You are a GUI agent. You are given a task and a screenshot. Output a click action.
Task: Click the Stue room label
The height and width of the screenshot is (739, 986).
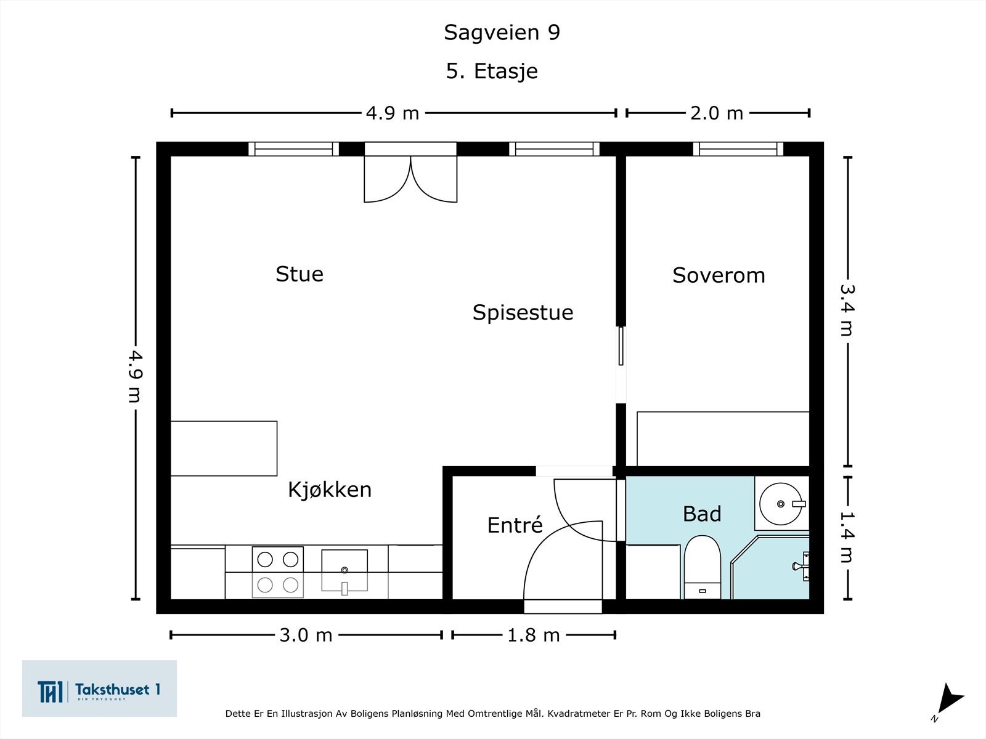299,274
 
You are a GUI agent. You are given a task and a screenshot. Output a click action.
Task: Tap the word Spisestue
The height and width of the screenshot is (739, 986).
523,313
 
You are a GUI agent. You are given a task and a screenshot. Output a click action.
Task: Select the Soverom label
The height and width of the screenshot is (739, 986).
719,275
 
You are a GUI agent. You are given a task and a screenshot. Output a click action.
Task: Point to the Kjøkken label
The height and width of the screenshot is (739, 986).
330,490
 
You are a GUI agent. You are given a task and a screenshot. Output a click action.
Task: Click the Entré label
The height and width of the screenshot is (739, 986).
515,524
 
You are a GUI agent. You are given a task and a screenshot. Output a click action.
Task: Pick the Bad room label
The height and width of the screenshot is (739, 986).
702,514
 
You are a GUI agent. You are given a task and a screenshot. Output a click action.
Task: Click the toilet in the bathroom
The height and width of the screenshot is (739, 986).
702,567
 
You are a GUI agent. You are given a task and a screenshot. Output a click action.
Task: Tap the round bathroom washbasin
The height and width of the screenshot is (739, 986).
781,504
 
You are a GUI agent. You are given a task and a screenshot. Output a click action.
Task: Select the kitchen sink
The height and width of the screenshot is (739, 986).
344,571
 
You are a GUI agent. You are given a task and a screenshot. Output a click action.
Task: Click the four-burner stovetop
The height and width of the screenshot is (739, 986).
277,572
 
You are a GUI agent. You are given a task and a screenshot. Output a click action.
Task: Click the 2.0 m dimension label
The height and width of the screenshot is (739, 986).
717,113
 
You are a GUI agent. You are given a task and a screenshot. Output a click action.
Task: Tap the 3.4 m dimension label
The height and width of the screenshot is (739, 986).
847,310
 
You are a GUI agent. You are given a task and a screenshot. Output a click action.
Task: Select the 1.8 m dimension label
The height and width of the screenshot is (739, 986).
534,635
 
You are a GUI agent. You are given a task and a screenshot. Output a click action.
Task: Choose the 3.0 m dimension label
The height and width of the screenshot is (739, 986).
306,635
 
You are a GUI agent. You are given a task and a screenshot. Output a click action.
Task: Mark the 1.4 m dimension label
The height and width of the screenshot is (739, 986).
847,536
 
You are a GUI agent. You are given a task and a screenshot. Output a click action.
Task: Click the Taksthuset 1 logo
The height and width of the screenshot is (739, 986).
99,689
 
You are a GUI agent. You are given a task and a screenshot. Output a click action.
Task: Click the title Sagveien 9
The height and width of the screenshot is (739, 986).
502,32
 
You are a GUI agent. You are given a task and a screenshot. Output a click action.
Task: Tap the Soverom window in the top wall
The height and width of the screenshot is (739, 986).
738,149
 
